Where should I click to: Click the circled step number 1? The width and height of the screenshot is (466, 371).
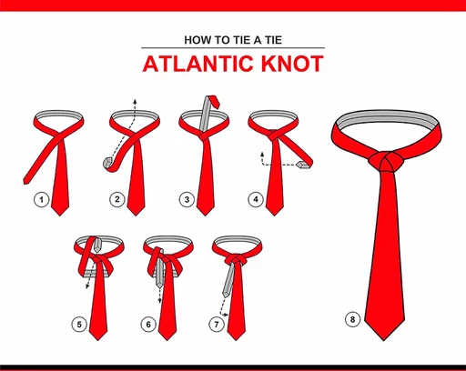point(40,199)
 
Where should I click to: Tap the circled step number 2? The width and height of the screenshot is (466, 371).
point(116,199)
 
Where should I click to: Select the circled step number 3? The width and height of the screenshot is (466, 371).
point(187,199)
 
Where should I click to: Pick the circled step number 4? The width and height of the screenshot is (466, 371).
point(257,199)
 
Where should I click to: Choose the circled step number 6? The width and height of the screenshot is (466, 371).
point(150,322)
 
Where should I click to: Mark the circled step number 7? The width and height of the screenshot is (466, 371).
point(217,322)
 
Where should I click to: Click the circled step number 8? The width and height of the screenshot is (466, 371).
point(352,318)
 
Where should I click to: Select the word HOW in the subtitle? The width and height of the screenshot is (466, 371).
point(199,40)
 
